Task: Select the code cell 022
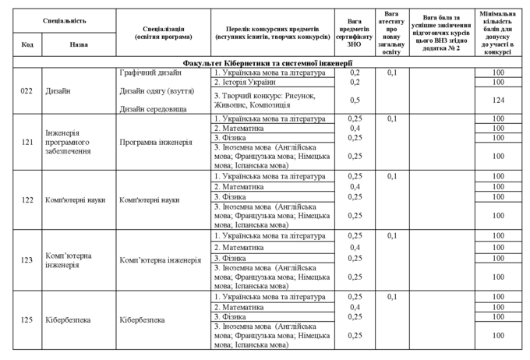tap(27, 91)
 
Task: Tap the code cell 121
tap(27, 143)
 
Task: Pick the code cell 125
tap(27, 319)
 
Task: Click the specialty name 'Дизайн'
tap(58, 91)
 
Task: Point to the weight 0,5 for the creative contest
tap(355, 100)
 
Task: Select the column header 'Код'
tap(27, 45)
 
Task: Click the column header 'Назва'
tap(79, 45)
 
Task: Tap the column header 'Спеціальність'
tap(64, 19)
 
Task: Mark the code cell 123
tap(27, 260)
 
